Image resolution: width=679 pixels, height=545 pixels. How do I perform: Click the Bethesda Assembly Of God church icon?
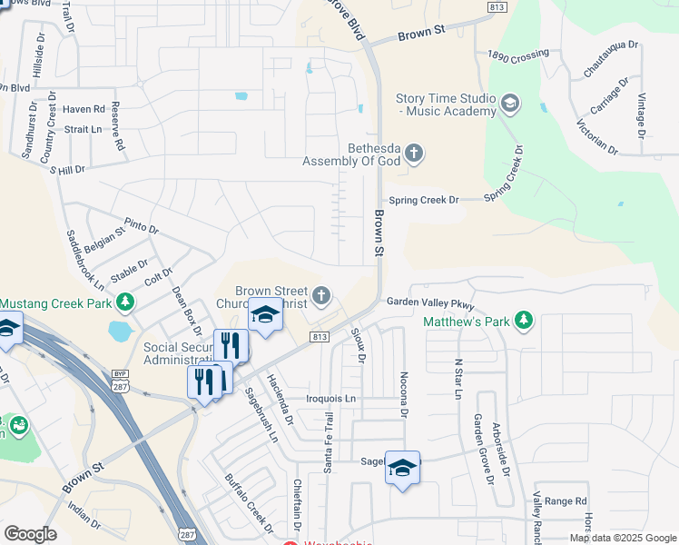click(413, 152)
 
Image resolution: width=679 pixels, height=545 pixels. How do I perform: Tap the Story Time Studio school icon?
click(509, 104)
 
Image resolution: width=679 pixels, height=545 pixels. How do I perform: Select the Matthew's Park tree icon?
click(523, 320)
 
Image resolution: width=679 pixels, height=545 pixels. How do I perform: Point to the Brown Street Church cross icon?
click(321, 295)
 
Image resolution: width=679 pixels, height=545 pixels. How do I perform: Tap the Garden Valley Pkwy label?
click(430, 302)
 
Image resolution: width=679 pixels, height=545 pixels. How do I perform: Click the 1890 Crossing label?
click(517, 56)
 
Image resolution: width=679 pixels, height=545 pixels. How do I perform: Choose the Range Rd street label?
click(566, 500)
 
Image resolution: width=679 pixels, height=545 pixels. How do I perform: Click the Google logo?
click(30, 534)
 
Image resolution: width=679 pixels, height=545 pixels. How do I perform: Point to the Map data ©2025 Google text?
click(623, 538)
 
